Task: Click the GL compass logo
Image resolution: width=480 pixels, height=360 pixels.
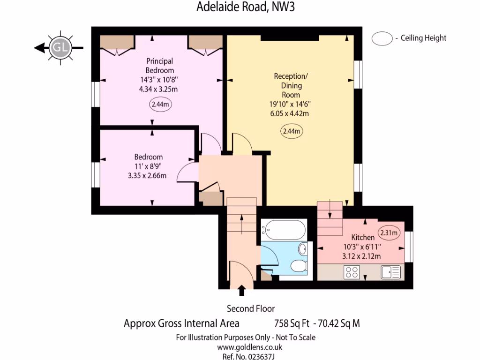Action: coord(60,47)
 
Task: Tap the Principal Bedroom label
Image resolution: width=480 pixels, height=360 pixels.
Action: coord(160,66)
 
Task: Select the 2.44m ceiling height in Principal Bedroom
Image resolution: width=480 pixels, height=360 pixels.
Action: coord(160,105)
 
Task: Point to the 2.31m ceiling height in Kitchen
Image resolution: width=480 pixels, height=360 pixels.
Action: coord(390,232)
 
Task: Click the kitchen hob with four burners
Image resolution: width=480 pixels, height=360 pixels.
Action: coord(352,272)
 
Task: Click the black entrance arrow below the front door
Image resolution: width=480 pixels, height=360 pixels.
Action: coord(242,291)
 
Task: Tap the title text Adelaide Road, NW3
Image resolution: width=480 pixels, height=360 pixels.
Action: coord(239,7)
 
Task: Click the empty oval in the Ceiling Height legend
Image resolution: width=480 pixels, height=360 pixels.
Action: coord(382,38)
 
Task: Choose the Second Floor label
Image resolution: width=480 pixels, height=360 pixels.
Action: coord(251,308)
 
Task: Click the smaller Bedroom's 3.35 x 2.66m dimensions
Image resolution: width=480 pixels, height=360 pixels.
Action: coord(149,175)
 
